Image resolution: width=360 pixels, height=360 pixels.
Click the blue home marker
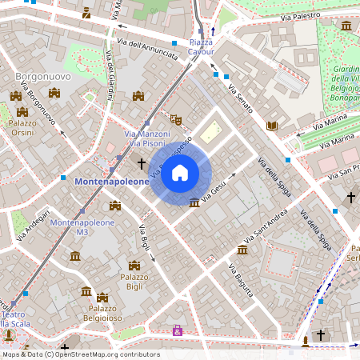click(180, 172)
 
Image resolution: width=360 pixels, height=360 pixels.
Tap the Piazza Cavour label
click(201, 46)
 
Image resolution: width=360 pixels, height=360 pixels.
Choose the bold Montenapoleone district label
click(111, 182)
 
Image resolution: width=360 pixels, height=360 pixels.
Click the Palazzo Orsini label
click(22, 130)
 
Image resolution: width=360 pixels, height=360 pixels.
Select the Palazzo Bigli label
click(134, 282)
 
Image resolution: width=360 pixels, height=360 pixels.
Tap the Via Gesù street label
click(214, 189)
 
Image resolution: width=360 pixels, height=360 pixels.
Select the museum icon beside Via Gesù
click(194, 202)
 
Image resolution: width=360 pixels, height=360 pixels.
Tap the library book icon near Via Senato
click(272, 126)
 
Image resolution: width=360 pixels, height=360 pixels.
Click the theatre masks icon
click(177, 121)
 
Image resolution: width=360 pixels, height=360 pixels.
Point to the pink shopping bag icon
click(177, 330)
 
